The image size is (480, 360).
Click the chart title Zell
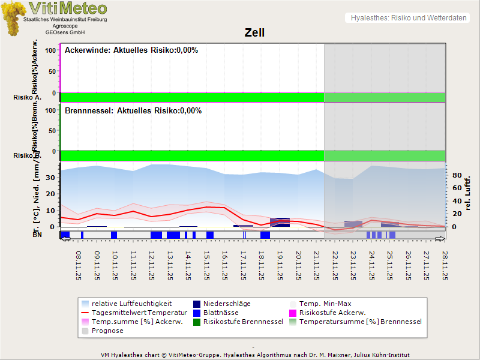pyautogui.click(x=254, y=33)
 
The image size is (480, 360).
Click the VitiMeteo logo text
pyautogui.click(x=68, y=8)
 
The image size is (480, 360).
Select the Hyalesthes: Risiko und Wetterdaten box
pyautogui.click(x=407, y=18)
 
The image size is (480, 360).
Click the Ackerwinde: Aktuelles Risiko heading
pyautogui.click(x=131, y=50)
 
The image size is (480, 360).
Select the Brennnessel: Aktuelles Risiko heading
pyautogui.click(x=133, y=111)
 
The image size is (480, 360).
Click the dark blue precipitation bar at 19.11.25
pyautogui.click(x=280, y=222)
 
